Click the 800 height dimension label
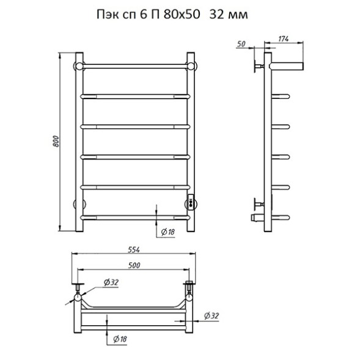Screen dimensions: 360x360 click(56, 141)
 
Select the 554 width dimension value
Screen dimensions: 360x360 click(134, 249)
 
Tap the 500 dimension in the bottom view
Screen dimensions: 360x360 click(134, 265)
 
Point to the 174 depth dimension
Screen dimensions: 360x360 click(284, 39)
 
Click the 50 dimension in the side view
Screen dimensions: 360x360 click(241, 43)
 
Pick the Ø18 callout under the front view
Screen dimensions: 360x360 click(168, 232)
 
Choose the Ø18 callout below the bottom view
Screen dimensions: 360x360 click(120, 339)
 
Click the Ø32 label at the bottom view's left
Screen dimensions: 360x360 click(111, 282)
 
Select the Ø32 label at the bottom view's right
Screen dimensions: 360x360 click(211, 316)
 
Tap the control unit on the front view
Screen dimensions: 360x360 click(190, 202)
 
